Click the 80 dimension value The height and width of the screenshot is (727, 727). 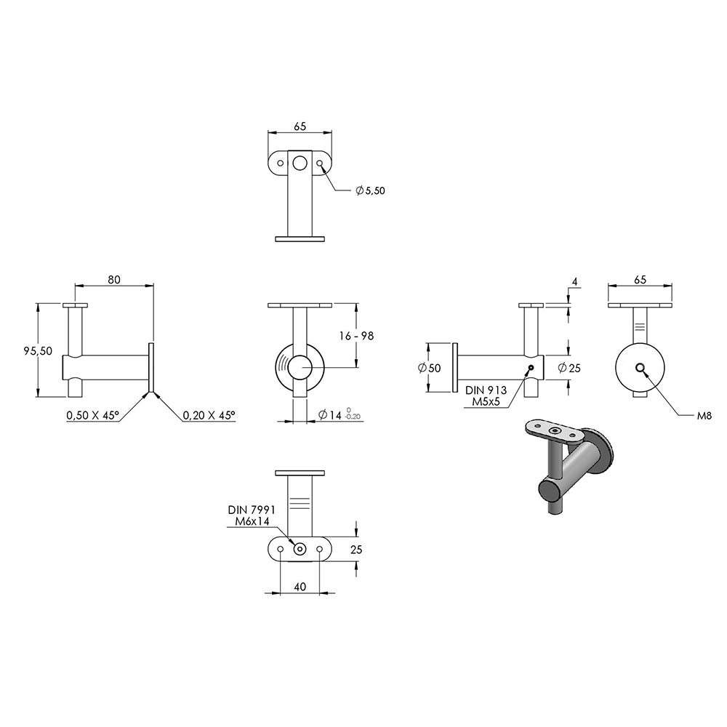(114, 280)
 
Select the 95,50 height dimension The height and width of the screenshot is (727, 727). (38, 351)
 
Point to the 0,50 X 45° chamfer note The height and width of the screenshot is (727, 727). (93, 415)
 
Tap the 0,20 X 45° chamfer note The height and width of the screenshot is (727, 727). (209, 415)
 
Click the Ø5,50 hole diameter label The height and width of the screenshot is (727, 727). (371, 190)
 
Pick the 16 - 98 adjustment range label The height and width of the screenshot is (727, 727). (356, 336)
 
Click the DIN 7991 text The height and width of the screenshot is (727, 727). (252, 510)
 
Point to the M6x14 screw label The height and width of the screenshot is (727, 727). (252, 521)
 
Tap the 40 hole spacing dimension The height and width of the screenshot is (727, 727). (300, 587)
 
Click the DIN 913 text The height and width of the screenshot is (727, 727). (486, 390)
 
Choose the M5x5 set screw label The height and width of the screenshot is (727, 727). (486, 401)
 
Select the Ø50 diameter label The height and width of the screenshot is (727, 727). (430, 368)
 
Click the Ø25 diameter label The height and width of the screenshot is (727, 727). (569, 368)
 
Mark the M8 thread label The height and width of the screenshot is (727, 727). (704, 416)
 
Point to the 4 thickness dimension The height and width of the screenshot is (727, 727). (575, 281)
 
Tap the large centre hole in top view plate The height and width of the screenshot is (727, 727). (300, 163)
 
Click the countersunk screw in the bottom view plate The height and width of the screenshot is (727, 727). (300, 549)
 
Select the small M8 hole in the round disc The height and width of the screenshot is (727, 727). (640, 368)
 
